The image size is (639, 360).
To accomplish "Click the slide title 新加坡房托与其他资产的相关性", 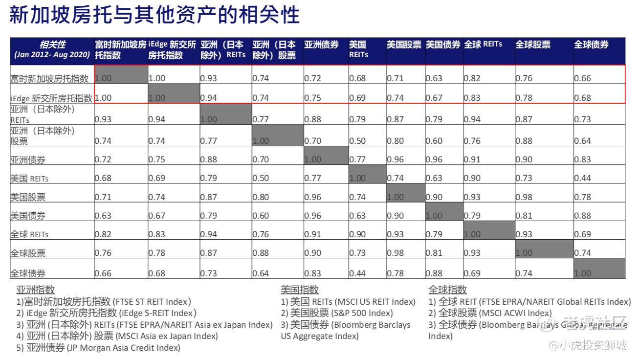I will [154, 16].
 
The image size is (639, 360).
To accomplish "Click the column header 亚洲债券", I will [321, 45].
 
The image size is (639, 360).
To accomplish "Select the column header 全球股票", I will [532, 45].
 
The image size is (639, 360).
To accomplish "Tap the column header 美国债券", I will [443, 45].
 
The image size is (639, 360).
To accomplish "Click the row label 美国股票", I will [28, 197].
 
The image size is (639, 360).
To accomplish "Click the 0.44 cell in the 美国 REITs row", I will [583, 178].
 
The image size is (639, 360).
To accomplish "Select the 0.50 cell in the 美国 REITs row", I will [261, 178].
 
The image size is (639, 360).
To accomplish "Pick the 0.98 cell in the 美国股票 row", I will [524, 197].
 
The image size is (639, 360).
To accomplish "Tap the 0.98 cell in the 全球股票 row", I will [395, 253].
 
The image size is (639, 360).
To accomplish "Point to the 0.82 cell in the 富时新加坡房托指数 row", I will [472, 78].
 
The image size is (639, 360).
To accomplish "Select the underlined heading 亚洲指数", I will [36, 290].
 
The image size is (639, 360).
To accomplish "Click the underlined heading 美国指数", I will [300, 290].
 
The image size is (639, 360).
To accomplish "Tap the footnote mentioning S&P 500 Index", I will [336, 313].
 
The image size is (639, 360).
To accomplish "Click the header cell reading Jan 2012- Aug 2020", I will [52, 55].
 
